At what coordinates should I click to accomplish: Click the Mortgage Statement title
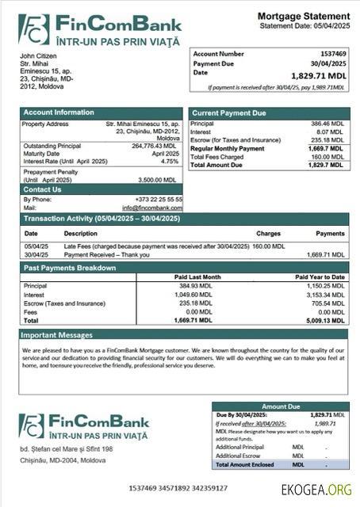(303, 16)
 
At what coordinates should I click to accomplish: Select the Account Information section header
(59, 112)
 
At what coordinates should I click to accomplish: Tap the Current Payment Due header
(229, 113)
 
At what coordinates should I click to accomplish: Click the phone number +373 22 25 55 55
(158, 200)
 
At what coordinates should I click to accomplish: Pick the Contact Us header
(43, 190)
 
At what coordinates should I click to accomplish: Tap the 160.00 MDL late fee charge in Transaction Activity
(268, 246)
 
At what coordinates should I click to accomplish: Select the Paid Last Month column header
(197, 276)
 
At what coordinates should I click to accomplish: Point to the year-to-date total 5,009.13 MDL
(325, 320)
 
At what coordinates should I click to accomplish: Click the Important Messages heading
(58, 335)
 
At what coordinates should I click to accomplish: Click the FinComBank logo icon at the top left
(33, 29)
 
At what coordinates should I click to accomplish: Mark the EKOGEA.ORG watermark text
(315, 489)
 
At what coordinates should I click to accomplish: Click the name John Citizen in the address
(38, 56)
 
